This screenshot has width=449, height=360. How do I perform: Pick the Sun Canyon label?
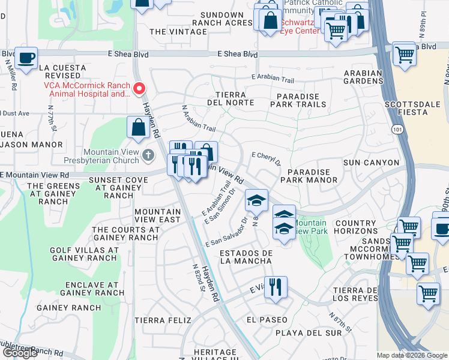coord(371,163)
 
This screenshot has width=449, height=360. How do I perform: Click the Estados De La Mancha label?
coord(246,257)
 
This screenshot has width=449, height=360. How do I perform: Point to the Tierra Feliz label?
coord(158,320)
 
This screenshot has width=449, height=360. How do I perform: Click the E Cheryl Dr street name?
coord(267,158)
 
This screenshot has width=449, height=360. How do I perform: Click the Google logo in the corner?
coord(20,353)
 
